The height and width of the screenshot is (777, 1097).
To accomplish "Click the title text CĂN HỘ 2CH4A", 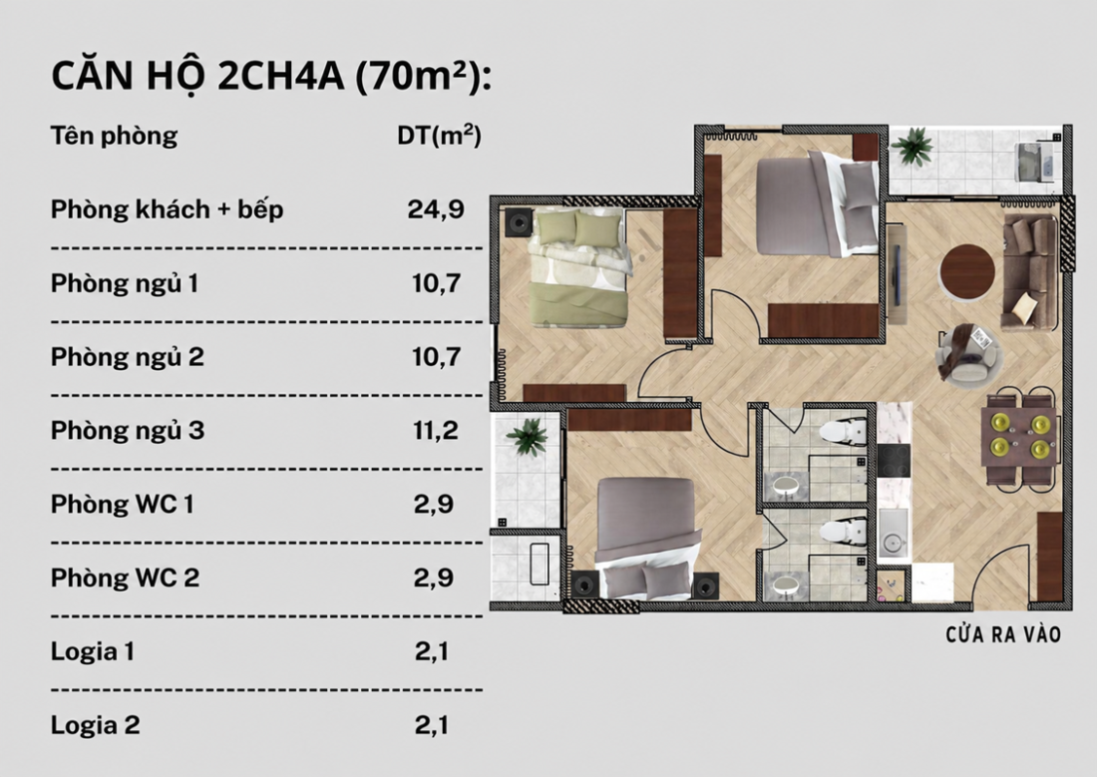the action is point(198,76).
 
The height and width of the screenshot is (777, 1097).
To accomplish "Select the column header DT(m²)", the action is point(440,135).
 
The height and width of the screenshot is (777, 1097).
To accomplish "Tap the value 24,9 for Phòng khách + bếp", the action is point(436,209).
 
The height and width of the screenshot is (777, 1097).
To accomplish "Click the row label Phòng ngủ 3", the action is point(128,431).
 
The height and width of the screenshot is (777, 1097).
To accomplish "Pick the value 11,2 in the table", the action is point(435,430).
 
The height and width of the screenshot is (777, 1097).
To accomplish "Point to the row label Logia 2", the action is point(95,725).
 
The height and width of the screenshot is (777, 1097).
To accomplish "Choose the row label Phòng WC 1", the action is point(122,504).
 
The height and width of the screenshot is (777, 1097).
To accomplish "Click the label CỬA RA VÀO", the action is point(1003,635).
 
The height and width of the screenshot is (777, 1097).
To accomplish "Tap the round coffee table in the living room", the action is point(967,271).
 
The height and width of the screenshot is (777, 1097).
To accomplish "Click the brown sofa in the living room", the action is point(1030,272).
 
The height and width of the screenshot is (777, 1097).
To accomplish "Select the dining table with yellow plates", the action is point(1018,436).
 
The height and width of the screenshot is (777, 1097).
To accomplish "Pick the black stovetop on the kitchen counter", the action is point(894,461).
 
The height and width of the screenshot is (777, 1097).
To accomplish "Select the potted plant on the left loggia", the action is point(528,437).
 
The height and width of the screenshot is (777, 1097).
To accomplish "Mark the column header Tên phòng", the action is point(114,135).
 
